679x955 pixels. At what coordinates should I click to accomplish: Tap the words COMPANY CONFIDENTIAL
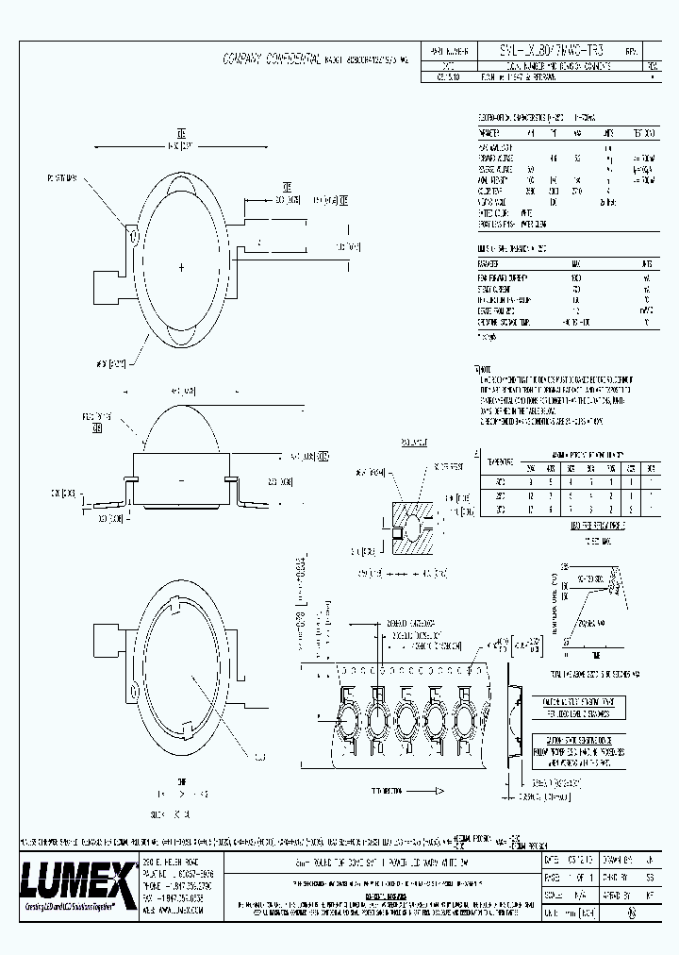pos(271,59)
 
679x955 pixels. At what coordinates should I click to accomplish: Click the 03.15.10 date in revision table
pos(441,79)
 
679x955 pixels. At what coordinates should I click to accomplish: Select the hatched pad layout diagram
pos(407,522)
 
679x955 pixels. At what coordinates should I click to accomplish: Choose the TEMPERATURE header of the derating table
pos(496,463)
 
